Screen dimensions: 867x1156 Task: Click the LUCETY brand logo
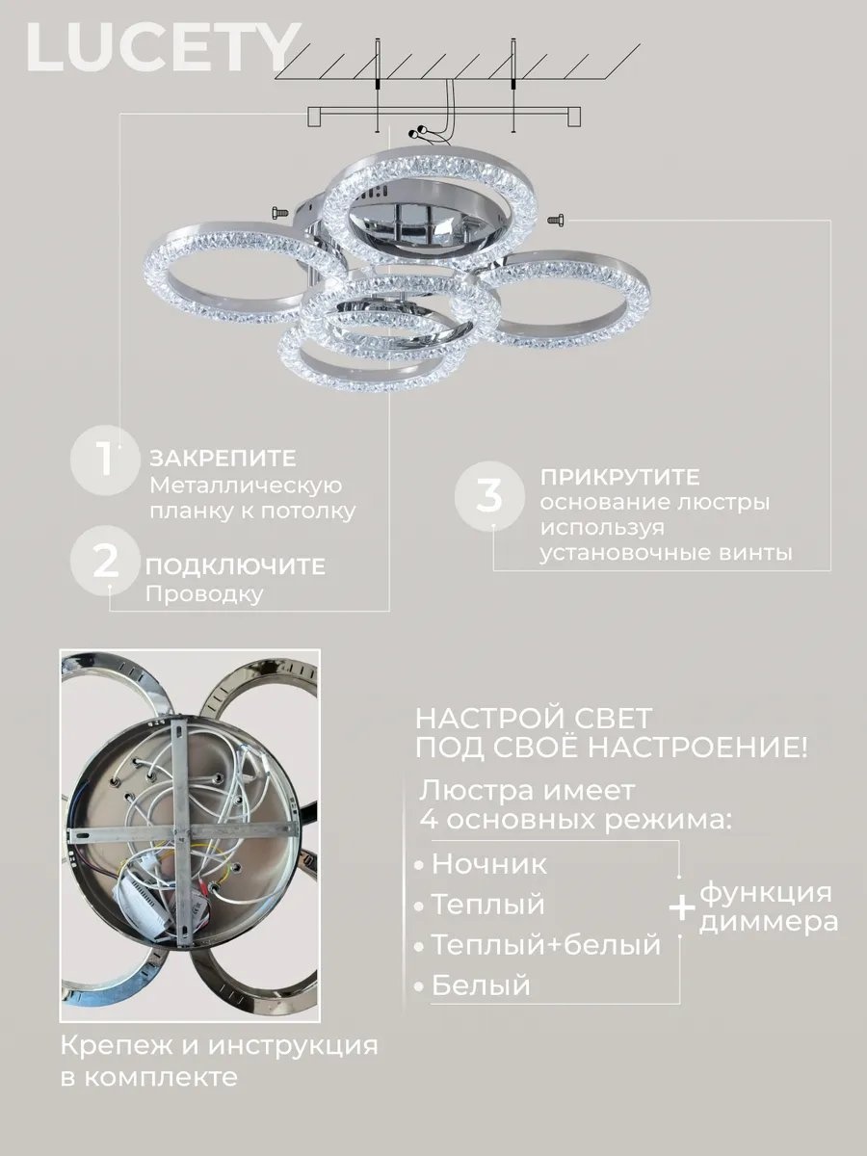pyautogui.click(x=164, y=47)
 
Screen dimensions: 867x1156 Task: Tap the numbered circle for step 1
pyautogui.click(x=106, y=460)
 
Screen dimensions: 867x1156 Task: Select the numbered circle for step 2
pyautogui.click(x=106, y=564)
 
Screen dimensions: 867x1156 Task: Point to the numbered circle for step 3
pyautogui.click(x=489, y=496)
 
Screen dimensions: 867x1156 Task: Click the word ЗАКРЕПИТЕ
pyautogui.click(x=223, y=459)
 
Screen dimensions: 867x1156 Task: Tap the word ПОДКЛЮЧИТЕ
pyautogui.click(x=235, y=566)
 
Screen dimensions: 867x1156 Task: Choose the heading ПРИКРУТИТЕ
pyautogui.click(x=619, y=477)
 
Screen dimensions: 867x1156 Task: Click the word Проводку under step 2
pyautogui.click(x=204, y=594)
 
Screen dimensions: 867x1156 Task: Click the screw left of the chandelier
pyautogui.click(x=279, y=213)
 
